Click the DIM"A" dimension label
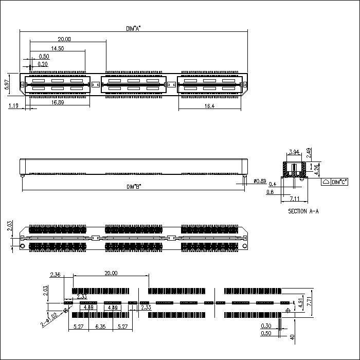coord(133,28)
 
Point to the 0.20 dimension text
coord(44,64)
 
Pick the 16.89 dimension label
coord(57,103)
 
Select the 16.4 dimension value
coord(208,105)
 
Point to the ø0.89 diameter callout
coord(260,181)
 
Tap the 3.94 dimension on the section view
coord(294,152)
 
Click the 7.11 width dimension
coord(295,199)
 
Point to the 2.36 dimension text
coord(56,274)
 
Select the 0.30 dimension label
coord(266,326)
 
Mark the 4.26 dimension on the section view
coord(317,167)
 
